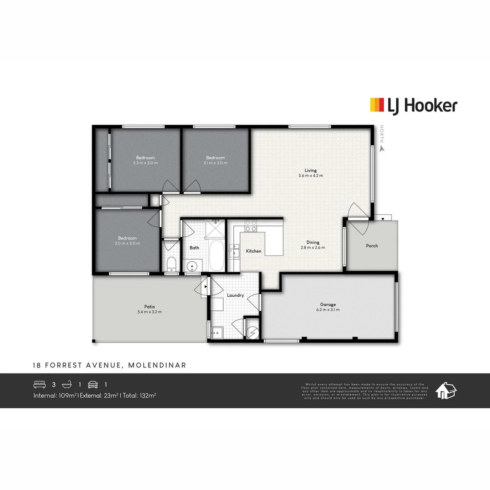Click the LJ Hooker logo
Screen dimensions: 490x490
[x=413, y=106]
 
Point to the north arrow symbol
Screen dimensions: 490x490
[x=382, y=147]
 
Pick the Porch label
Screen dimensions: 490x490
[x=372, y=246]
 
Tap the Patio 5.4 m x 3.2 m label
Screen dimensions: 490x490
[x=149, y=309]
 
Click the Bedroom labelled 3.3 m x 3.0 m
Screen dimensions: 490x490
[x=145, y=160]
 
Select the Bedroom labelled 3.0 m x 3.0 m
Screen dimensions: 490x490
[x=127, y=240]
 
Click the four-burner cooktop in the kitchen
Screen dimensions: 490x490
[x=250, y=225]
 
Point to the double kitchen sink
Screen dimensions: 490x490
[x=234, y=250]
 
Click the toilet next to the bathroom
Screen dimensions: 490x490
[x=171, y=264]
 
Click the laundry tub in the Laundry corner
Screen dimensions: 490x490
[x=217, y=332]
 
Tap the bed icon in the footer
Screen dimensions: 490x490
[x=40, y=384]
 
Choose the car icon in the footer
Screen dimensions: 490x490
[x=93, y=384]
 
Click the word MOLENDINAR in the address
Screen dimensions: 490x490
[x=157, y=365]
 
